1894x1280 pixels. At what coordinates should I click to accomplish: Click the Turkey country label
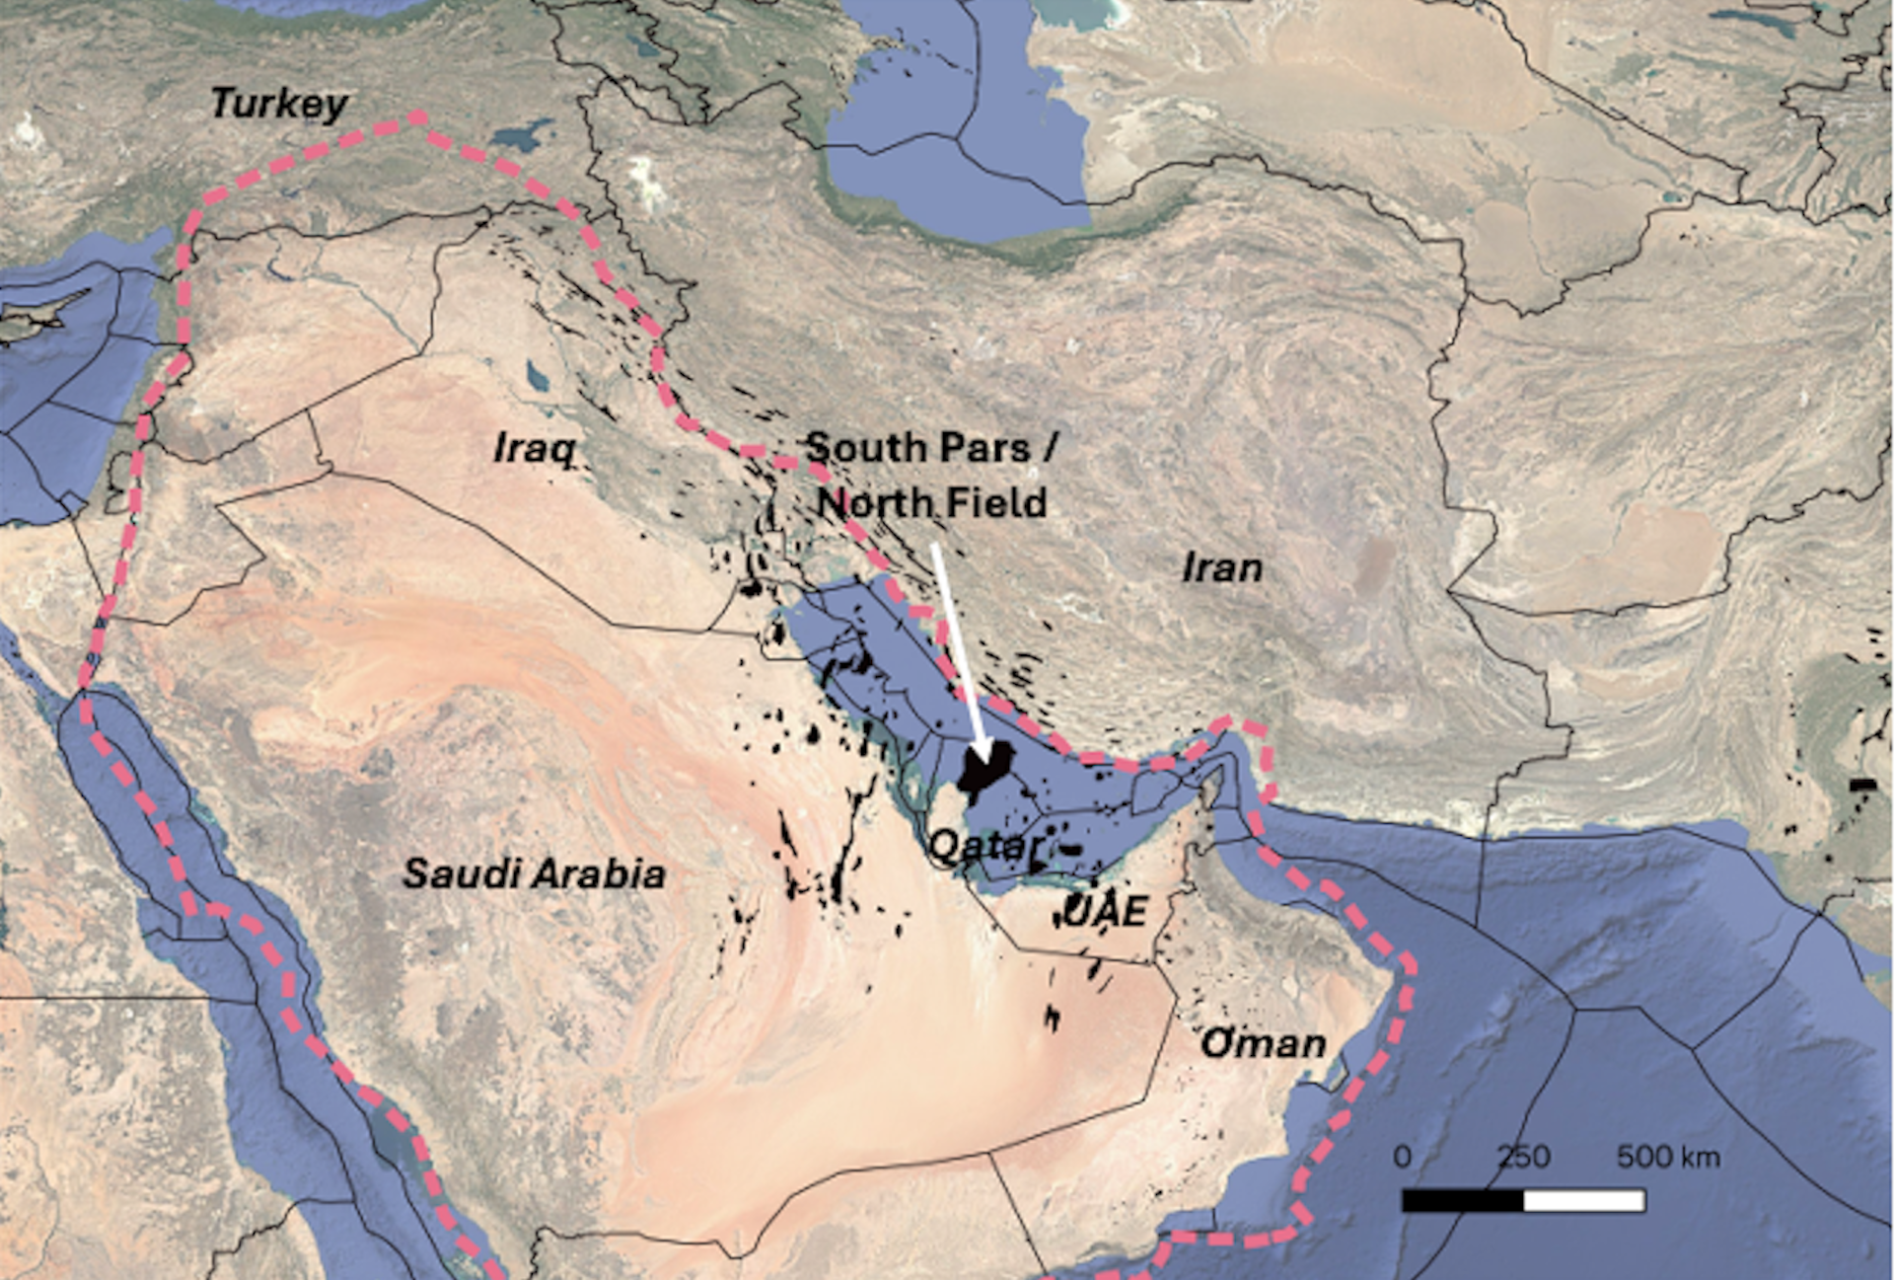click(x=279, y=104)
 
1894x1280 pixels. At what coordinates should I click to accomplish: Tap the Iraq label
click(x=534, y=449)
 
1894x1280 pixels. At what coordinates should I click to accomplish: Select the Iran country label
click(x=1222, y=568)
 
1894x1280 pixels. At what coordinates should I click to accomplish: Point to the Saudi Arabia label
click(x=534, y=874)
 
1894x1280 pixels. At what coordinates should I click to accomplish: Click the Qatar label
click(x=983, y=847)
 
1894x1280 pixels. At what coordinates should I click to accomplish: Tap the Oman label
click(x=1264, y=1044)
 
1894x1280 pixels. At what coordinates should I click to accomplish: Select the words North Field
click(x=932, y=503)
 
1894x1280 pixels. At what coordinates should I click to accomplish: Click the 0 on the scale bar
click(x=1403, y=1157)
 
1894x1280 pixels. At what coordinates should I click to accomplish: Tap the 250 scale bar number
click(x=1524, y=1157)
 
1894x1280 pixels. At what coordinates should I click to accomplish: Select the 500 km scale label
click(x=1668, y=1157)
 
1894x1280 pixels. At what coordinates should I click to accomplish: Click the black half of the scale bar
click(x=1463, y=1201)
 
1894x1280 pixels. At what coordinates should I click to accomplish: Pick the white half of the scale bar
click(x=1584, y=1201)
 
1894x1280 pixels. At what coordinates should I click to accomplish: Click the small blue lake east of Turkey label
click(x=523, y=133)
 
